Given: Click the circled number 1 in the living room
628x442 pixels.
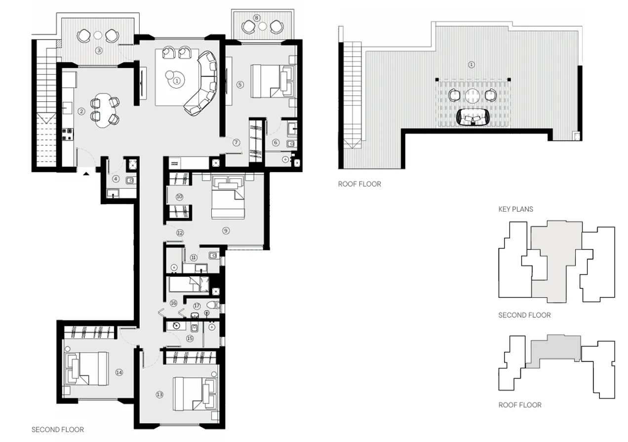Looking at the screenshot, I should click(x=177, y=81).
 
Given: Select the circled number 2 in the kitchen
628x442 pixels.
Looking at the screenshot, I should click(x=82, y=112).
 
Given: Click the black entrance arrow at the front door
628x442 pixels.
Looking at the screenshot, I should click(x=86, y=174).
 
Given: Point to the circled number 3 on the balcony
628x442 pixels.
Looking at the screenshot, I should click(x=99, y=50).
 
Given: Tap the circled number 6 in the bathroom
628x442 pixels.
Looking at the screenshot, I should click(x=275, y=142).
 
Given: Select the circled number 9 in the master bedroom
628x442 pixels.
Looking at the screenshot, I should click(x=226, y=230).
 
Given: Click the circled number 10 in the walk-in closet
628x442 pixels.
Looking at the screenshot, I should click(x=179, y=196).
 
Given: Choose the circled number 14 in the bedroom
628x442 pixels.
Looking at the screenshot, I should click(x=118, y=372).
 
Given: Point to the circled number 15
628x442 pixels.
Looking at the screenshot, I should click(x=190, y=338).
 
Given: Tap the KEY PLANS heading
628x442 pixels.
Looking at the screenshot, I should click(x=515, y=209).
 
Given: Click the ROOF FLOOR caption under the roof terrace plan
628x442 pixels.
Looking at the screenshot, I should click(x=359, y=184).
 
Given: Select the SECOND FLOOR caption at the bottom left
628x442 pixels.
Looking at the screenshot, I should click(x=57, y=429).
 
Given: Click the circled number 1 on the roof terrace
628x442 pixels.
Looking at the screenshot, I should click(x=471, y=64).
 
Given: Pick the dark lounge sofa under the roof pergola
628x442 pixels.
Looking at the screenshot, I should click(x=473, y=117).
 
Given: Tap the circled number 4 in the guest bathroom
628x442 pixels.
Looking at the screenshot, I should click(x=116, y=178).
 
